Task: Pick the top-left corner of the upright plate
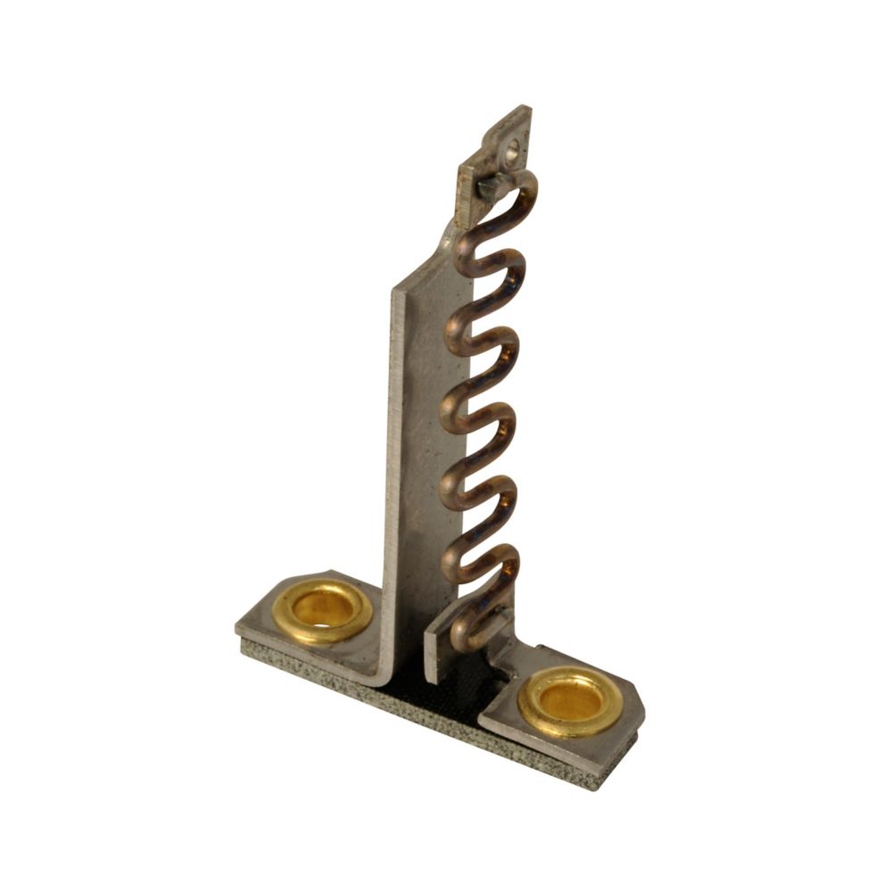point(395,291)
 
